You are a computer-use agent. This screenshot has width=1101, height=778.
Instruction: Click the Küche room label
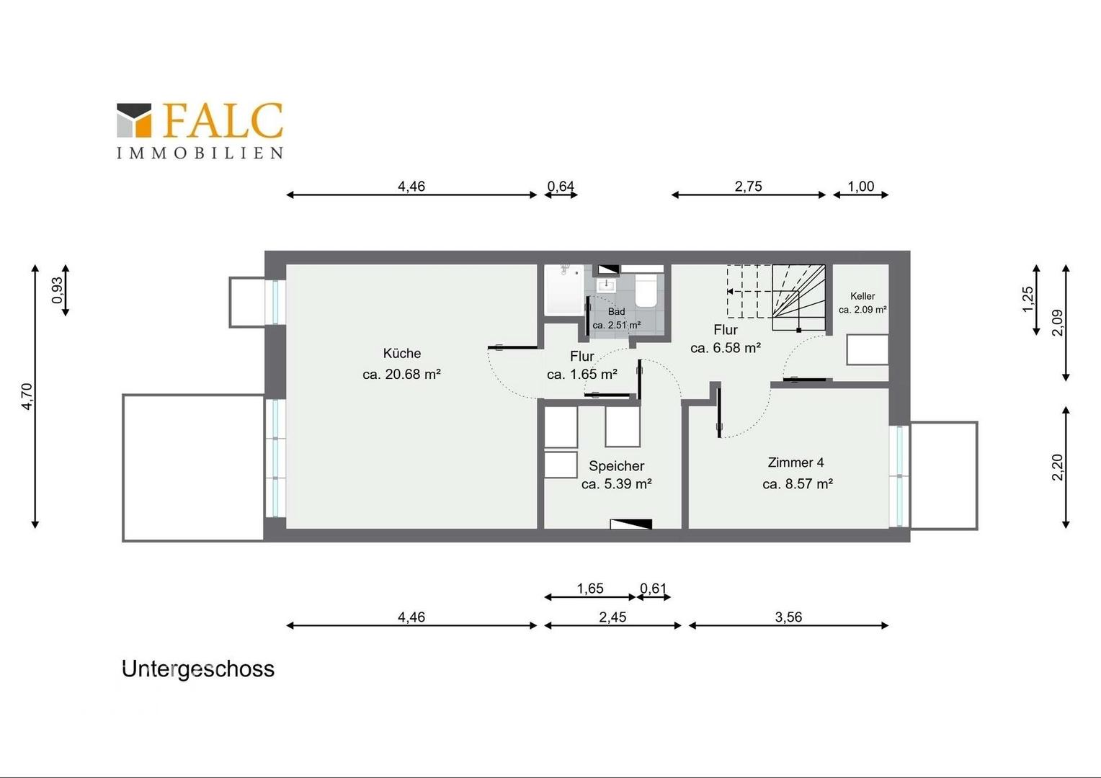click(402, 354)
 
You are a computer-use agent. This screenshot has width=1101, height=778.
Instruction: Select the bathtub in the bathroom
click(565, 290)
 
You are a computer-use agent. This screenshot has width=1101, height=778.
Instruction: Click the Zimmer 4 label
click(795, 462)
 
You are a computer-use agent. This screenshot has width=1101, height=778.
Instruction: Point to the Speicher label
click(616, 466)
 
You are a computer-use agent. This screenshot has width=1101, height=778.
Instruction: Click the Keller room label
click(862, 296)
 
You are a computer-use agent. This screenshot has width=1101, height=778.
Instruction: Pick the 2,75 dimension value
click(748, 187)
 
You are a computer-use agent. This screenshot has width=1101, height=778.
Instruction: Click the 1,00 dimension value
click(860, 187)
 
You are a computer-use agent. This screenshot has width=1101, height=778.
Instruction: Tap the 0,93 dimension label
click(58, 290)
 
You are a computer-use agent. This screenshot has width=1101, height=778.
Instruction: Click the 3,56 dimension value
click(788, 617)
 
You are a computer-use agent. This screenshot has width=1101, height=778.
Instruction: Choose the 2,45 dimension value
click(612, 617)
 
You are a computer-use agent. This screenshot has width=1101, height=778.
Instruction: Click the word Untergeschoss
click(198, 669)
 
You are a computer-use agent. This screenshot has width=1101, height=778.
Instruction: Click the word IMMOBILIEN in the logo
click(200, 153)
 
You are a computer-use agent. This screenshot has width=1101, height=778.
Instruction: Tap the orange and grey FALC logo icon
click(134, 120)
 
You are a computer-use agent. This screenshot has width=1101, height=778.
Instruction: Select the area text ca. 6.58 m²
click(726, 348)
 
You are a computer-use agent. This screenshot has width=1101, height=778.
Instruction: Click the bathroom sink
click(606, 285)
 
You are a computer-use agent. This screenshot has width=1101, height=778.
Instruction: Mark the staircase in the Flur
click(776, 298)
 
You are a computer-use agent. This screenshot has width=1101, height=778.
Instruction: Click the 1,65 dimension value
click(590, 589)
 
